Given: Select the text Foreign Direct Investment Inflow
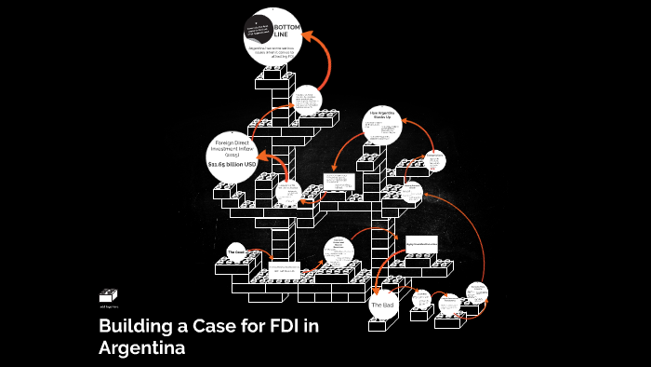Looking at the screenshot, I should point(228,145).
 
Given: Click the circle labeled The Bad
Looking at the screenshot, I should point(383,305).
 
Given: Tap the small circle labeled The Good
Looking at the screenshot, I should point(235,251).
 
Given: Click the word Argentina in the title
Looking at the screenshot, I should point(141,348).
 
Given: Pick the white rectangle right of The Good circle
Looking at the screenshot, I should point(283,270).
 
